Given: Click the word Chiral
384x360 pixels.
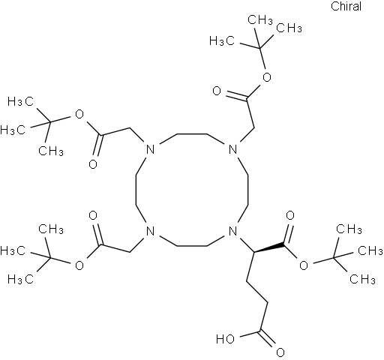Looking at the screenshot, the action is coord(346,6).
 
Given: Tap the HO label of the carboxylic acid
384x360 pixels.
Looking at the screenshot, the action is coord(225,339).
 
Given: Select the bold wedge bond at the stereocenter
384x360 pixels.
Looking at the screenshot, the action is coord(269,248).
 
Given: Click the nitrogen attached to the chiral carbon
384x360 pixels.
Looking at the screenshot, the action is coord(232,230).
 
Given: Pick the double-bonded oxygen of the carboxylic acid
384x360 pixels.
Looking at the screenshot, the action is coord(280,352).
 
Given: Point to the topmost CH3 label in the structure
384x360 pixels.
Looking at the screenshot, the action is coord(260,19).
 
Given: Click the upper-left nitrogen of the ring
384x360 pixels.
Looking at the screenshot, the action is coord(150,150).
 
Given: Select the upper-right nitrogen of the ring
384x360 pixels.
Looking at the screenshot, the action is coord(232,150).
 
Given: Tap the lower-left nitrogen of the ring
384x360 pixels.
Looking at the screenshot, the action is coord(150,230).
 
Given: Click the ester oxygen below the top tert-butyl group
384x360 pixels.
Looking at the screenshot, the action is coord(267,77).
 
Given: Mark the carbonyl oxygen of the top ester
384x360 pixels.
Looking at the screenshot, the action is coord(217,91).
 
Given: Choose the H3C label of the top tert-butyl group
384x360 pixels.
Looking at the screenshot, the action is coord(222,40).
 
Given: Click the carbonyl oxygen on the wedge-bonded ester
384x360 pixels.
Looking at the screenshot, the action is coord(290,215).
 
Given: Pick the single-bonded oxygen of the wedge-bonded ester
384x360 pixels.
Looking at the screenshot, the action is coord(304,265).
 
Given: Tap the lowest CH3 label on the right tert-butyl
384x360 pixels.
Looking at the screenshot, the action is coord(362,279).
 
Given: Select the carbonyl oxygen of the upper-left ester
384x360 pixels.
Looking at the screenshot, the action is coord(93,164).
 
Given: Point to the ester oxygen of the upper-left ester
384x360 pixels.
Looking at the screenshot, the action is coord(79,115).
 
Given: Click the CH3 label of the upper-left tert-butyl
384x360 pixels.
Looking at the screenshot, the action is coord(51,151).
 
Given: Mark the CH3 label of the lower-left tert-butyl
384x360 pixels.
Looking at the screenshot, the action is coord(51,229).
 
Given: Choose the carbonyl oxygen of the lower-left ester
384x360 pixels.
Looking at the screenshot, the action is coord(93,215).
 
